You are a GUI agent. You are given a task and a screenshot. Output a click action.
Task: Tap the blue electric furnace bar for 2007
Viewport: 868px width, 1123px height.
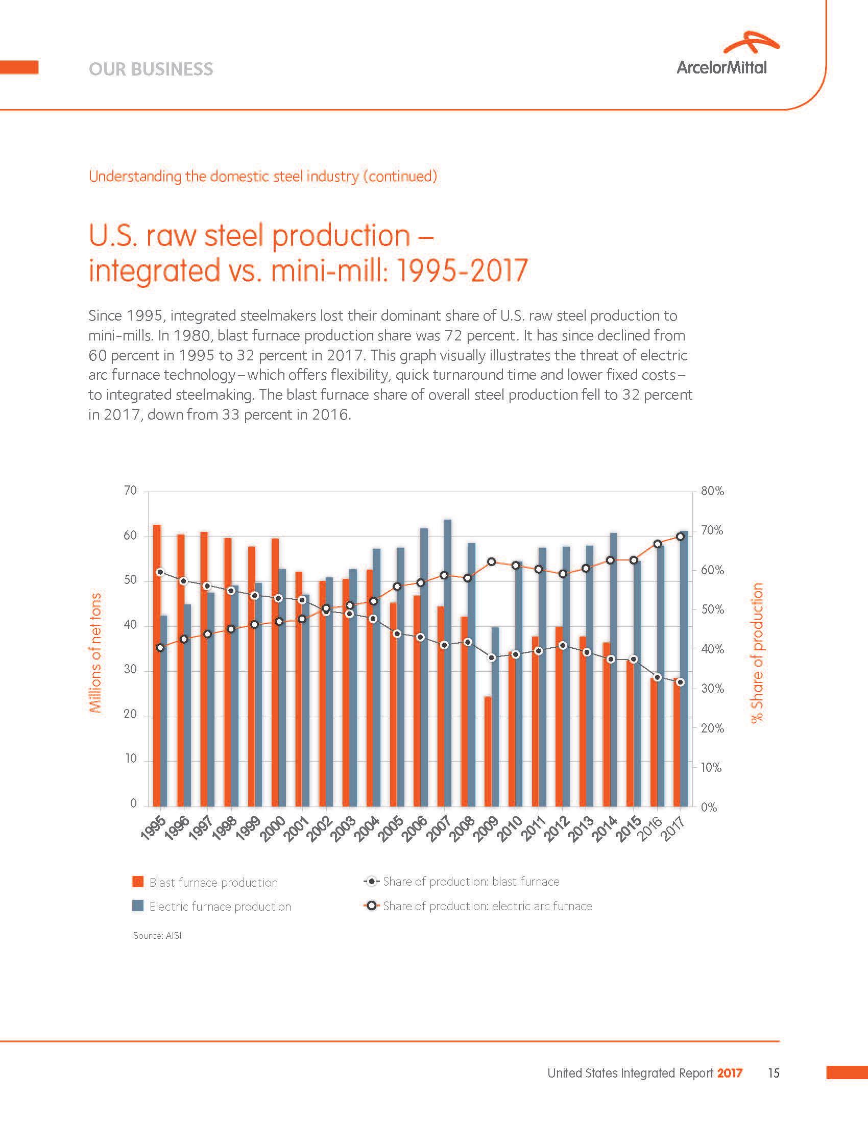click(x=448, y=663)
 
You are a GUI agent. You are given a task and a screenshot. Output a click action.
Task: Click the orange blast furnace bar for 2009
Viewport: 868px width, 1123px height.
click(x=488, y=751)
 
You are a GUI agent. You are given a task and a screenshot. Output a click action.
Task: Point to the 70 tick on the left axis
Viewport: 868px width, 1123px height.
click(x=131, y=491)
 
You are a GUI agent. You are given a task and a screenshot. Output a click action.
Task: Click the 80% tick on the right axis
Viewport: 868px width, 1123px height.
click(x=712, y=491)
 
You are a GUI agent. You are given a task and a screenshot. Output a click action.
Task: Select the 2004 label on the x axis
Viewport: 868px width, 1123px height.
click(x=366, y=829)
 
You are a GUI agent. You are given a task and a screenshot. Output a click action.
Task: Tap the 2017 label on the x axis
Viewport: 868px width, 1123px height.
click(x=673, y=829)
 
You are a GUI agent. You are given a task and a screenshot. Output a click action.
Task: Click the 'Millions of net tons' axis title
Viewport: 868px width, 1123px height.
click(x=95, y=652)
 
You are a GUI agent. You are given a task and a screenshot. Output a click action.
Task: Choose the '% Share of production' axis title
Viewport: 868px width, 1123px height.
click(x=757, y=652)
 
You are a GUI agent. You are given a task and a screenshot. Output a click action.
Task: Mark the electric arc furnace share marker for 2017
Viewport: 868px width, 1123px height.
click(x=680, y=536)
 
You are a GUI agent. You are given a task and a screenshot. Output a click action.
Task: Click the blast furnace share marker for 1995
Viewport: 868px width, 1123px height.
click(x=160, y=572)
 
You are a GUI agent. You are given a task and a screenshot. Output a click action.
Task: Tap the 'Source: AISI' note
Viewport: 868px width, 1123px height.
click(x=157, y=935)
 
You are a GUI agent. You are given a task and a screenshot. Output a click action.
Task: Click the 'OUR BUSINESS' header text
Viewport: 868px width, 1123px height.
click(x=151, y=69)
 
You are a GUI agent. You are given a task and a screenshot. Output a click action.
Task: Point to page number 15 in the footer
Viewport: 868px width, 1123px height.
click(x=774, y=1073)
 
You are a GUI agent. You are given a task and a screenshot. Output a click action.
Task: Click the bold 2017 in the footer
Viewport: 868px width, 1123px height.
click(x=730, y=1073)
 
